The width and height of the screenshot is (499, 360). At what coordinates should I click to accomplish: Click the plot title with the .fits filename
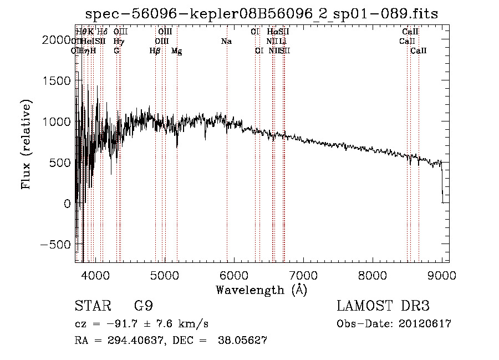(262, 14)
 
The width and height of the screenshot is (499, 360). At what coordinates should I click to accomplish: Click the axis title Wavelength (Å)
(261, 290)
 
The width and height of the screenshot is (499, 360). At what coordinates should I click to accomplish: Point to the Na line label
(226, 42)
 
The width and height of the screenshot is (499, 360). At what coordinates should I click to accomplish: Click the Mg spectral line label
(176, 51)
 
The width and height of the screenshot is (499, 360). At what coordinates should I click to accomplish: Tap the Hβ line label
(155, 51)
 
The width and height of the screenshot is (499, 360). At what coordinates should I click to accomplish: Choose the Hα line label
(272, 32)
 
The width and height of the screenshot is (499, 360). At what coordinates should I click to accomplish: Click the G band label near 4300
(116, 51)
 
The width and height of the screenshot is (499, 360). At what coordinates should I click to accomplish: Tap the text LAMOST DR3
(383, 306)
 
